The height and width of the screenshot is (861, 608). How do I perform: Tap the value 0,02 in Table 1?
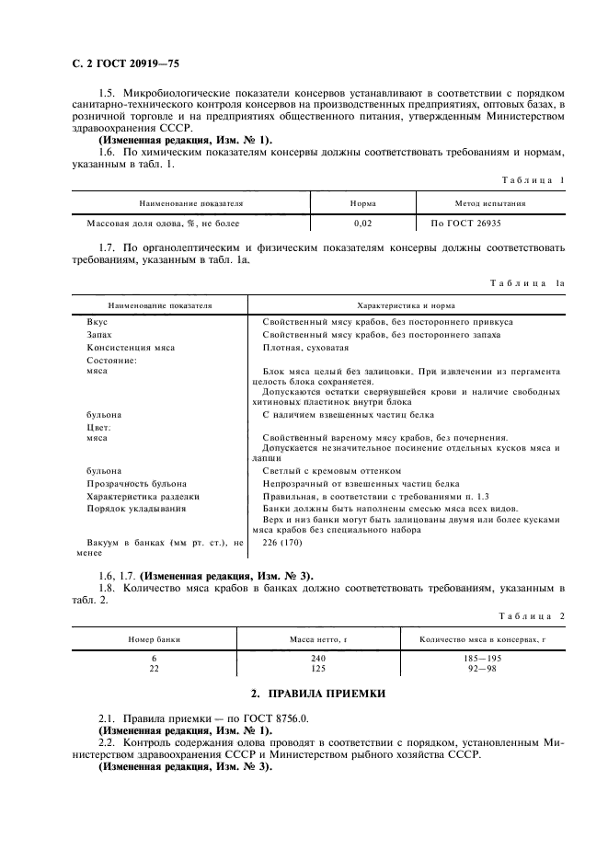362,224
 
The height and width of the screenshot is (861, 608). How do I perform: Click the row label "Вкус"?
97,322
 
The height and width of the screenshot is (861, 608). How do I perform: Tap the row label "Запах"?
99,335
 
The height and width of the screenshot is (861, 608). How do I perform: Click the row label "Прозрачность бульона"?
136,483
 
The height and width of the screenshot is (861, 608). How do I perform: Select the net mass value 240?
318,659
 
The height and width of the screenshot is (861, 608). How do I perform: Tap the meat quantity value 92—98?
481,669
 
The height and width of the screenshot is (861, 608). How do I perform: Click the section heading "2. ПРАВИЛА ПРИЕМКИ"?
304,692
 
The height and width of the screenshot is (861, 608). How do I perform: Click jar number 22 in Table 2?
154,669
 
